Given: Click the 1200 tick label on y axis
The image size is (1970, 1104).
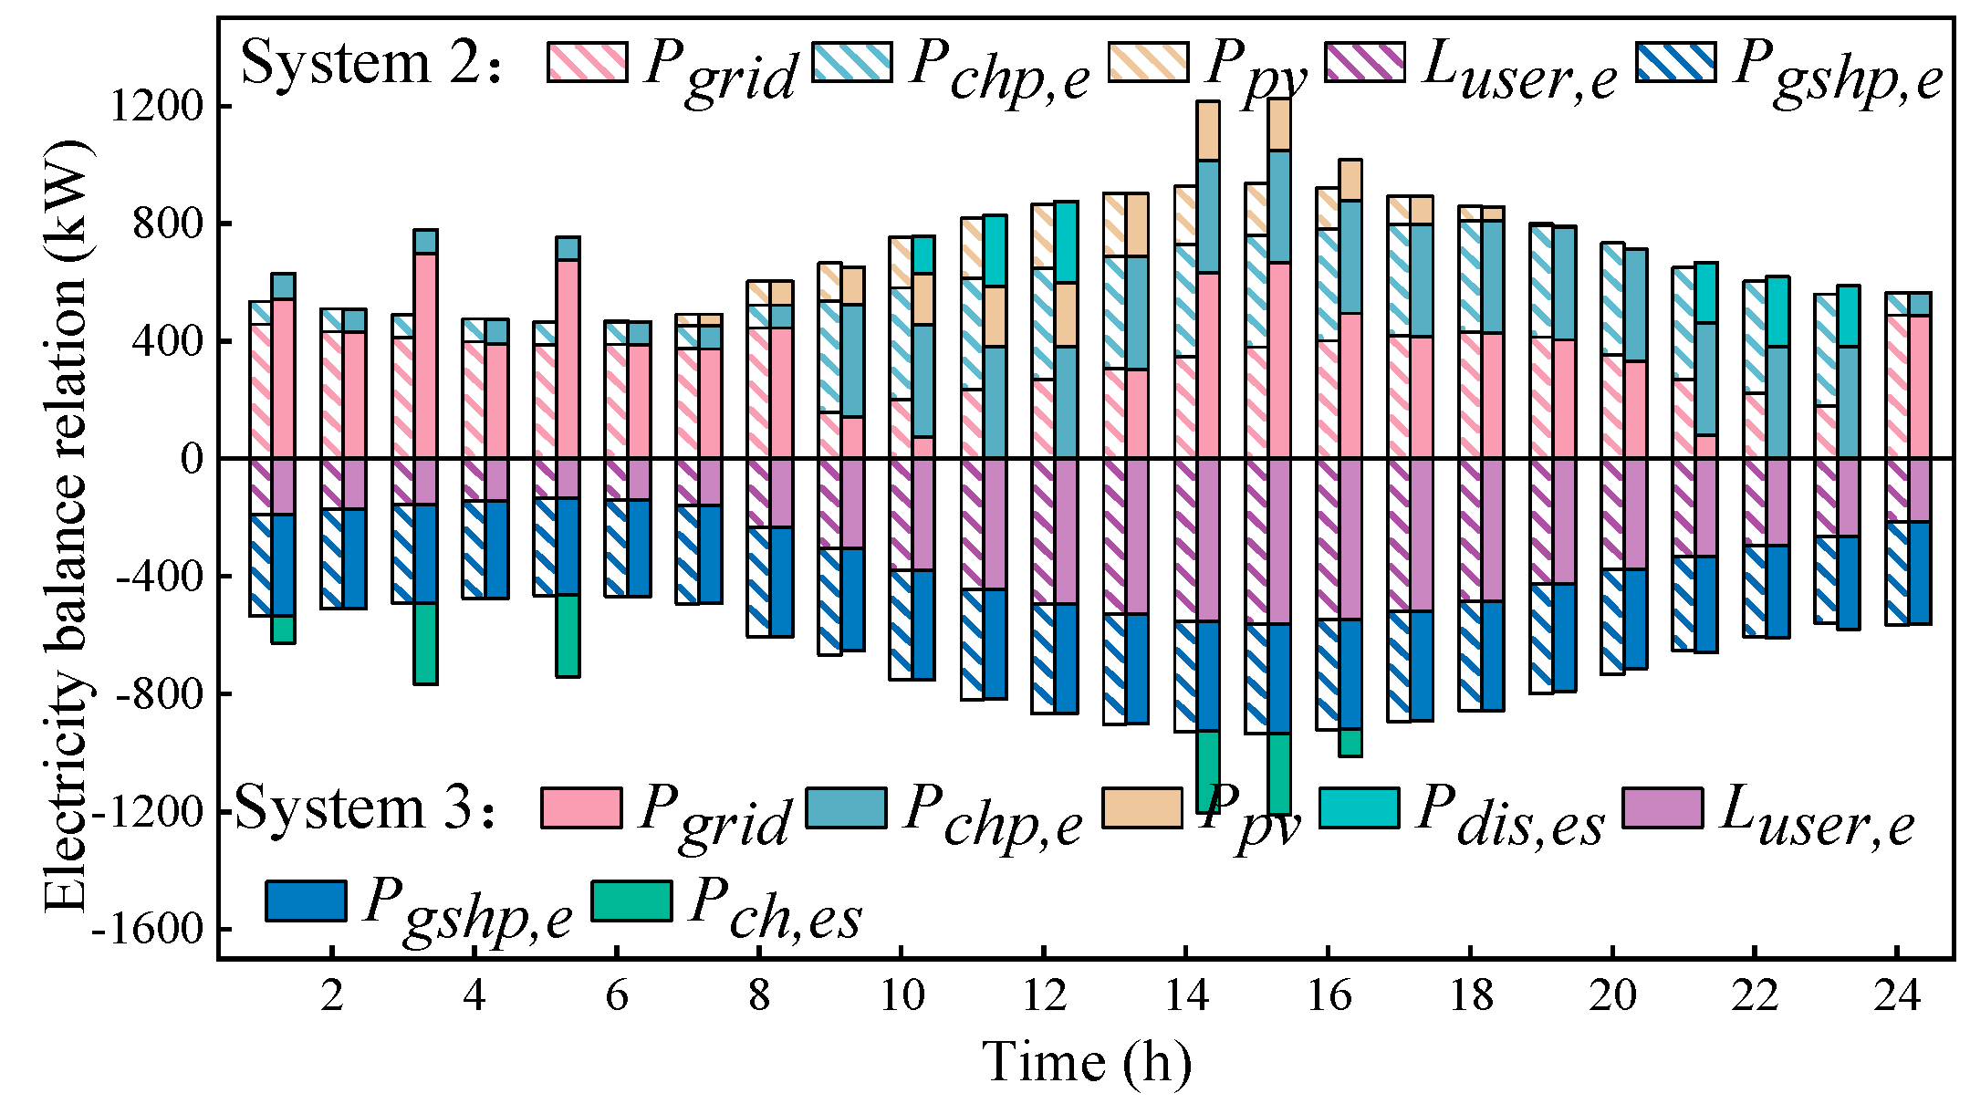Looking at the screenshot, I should coord(155,107).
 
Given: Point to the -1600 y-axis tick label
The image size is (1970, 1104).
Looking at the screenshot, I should coord(146,930).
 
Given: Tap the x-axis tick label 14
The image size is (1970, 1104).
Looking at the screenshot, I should coord(1186,995).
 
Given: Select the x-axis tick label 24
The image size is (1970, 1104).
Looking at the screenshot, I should coord(1897,995).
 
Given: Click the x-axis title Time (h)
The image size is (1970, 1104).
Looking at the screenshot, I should coord(1087,1062).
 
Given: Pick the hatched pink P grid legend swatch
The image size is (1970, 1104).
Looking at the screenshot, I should coord(587,62).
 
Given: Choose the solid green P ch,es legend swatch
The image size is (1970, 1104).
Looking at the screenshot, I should coord(631,901).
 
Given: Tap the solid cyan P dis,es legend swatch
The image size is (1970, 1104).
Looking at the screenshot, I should coord(1359,807).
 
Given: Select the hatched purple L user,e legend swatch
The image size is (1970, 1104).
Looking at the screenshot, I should coord(1365,62).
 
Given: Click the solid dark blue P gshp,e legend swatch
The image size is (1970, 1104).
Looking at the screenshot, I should coord(306,901).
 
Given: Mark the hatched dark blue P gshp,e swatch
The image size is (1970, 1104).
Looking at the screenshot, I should coord(1676,62).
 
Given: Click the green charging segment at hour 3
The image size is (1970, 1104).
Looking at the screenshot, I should coord(425,643).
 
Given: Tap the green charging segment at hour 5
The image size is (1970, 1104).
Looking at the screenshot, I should coord(568,635).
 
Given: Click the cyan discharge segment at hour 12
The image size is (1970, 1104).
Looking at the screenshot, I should coord(1066,242).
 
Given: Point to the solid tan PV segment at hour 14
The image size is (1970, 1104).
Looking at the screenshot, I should coord(1208,130).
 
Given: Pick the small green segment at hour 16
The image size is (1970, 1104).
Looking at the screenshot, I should coord(1350,742).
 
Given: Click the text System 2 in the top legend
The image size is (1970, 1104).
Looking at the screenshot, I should coord(370,64).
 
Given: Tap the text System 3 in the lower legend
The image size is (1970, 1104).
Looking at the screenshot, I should coord(365,809).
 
